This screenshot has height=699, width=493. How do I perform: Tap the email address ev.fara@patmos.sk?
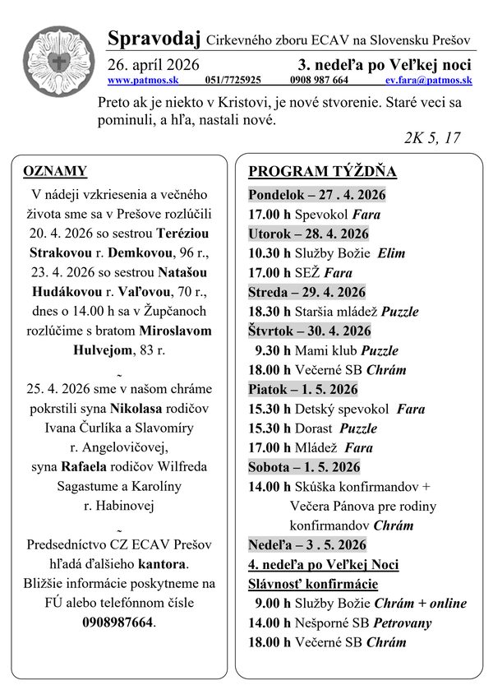(428, 81)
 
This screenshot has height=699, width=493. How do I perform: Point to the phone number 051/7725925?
(233, 81)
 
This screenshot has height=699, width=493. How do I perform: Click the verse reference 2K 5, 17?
(431, 137)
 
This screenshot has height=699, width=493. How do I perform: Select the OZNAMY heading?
(56, 171)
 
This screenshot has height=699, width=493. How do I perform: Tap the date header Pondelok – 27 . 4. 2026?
(316, 195)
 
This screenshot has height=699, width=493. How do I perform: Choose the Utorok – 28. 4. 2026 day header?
(308, 234)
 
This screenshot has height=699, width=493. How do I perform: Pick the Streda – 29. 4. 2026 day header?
(307, 292)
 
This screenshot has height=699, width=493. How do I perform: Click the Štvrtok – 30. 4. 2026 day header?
(310, 331)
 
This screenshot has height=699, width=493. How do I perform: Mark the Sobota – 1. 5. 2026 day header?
(304, 467)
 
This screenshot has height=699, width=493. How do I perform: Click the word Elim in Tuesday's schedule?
(391, 253)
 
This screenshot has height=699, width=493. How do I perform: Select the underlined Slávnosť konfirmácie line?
(313, 584)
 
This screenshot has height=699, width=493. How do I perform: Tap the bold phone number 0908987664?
(118, 622)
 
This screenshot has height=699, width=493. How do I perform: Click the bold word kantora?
(161, 564)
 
